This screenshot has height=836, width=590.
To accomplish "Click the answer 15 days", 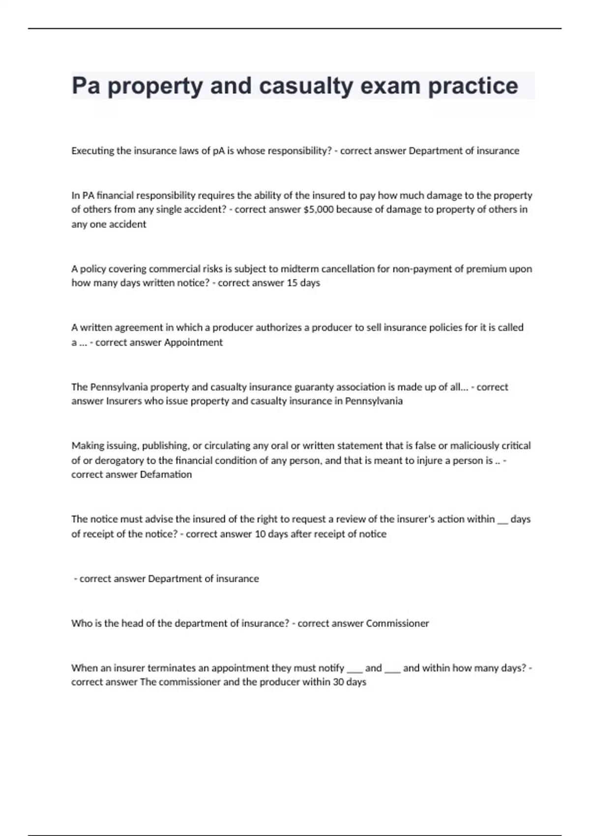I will point(303,283).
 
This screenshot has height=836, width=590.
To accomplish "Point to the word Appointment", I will point(193,342).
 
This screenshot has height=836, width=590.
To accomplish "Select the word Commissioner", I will point(397,624).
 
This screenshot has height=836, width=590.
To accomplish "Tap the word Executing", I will point(92,151).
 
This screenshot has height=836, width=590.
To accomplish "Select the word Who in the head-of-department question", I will point(80,624).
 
